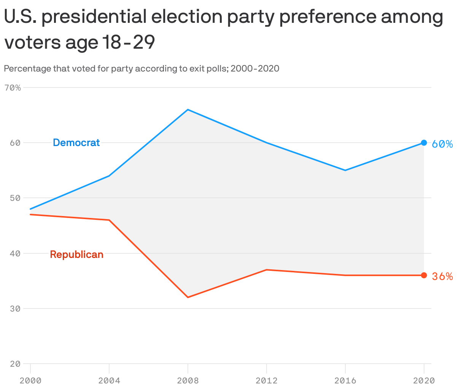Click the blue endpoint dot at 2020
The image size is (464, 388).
click(x=424, y=143)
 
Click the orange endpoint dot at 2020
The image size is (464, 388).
click(x=424, y=275)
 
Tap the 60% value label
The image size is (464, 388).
click(x=442, y=144)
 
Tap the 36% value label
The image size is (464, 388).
click(x=442, y=277)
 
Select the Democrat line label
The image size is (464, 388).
click(x=76, y=143)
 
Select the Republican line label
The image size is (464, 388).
click(x=76, y=254)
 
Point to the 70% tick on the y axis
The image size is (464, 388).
click(x=12, y=88)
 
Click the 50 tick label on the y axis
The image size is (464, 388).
click(x=15, y=198)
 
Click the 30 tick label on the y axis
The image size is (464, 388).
click(x=15, y=308)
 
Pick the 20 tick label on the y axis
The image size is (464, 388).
click(x=15, y=364)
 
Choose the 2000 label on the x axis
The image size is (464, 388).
click(x=30, y=380)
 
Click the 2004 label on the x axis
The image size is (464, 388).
click(x=109, y=380)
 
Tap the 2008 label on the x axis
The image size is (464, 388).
click(x=188, y=380)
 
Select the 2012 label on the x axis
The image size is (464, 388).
click(x=267, y=380)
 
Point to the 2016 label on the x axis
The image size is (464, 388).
click(x=345, y=380)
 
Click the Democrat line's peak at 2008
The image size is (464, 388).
click(x=188, y=110)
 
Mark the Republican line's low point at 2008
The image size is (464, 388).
click(x=188, y=297)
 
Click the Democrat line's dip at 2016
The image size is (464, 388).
click(x=345, y=170)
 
